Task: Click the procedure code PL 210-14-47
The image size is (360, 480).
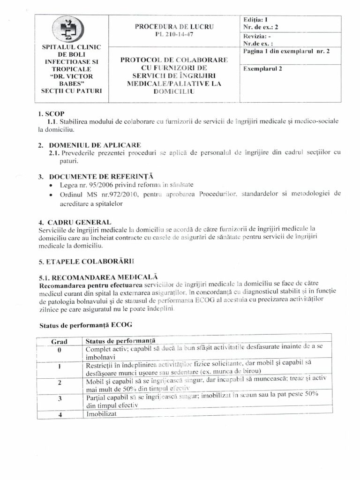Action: pos(174,35)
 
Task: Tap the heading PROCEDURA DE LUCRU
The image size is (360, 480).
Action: pos(174,27)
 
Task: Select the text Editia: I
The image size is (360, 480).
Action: pos(255,20)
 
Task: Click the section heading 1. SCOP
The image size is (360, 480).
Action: pos(52,114)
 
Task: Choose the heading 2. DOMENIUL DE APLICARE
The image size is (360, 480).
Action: pos(89,145)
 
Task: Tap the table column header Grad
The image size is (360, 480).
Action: pos(59,341)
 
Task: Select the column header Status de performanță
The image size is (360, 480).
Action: pos(121,340)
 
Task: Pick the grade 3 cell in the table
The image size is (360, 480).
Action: pos(60,399)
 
